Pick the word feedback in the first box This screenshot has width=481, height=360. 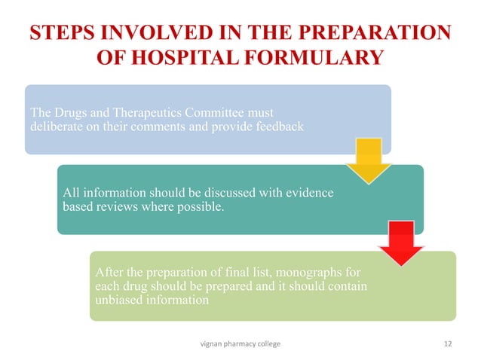[x=279, y=127]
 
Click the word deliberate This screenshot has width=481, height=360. [x=55, y=127]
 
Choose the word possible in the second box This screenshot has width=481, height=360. [x=200, y=208]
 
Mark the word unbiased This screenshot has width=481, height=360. [x=115, y=302]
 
